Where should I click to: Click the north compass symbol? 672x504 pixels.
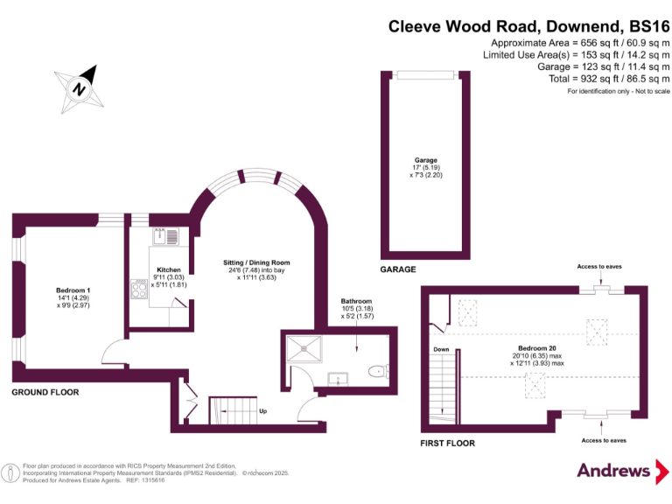pos(80,87)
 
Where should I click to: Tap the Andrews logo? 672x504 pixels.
pos(614,470)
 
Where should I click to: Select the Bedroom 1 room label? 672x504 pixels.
pos(73,297)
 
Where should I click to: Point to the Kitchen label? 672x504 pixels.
pos(169,270)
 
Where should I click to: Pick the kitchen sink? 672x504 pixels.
pos(164,235)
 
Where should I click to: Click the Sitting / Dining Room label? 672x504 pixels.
pos(257,262)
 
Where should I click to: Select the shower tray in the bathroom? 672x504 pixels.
pos(304,348)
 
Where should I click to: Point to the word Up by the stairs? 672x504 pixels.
pos(262,410)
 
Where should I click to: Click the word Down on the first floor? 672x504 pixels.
pos(441,349)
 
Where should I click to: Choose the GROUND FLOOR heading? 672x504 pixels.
pos(45,393)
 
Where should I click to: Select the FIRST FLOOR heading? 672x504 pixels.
pos(448,444)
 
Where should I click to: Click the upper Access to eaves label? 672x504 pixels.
pos(600,266)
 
